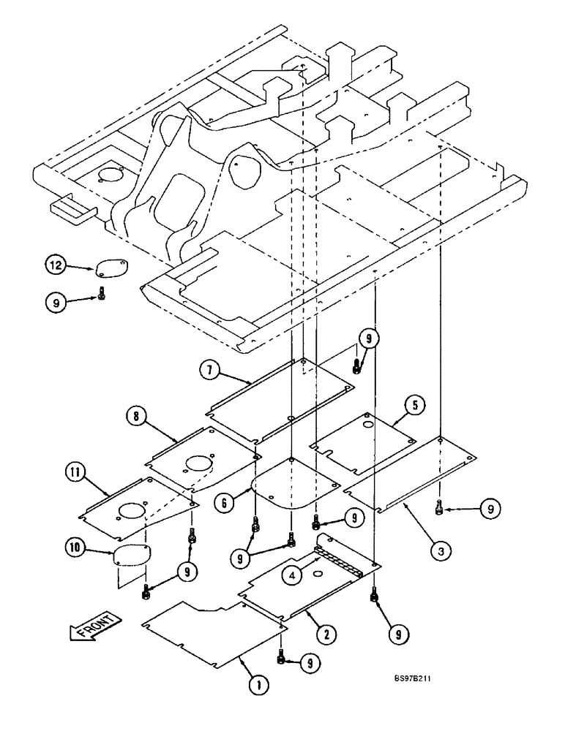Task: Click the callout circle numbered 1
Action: point(256,685)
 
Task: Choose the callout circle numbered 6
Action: point(225,502)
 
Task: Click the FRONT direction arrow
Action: point(94,626)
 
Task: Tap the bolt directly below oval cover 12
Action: point(101,296)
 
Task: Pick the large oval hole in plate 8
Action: point(198,463)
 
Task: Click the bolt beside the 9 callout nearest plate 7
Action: point(356,366)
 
